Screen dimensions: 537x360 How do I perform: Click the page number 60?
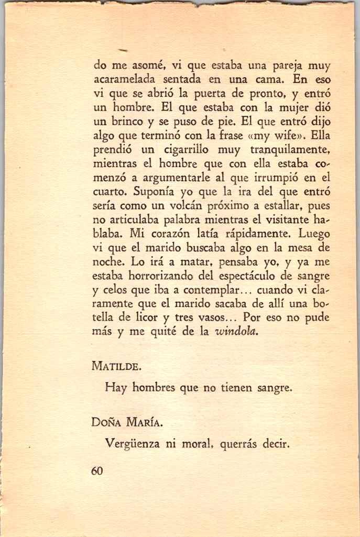[x=96, y=471]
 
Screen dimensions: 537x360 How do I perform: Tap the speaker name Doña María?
[x=124, y=422]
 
